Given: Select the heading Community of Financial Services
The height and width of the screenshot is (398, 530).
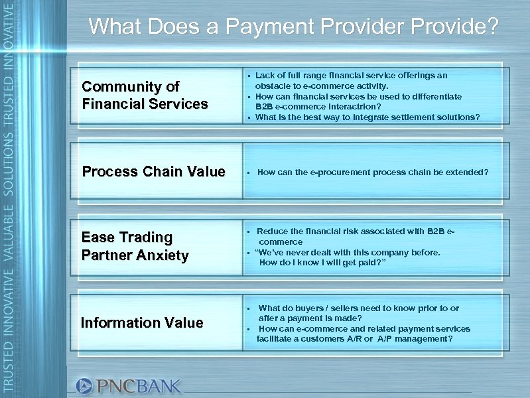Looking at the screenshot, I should click(144, 96).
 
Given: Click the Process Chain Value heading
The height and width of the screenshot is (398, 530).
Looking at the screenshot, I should click(153, 172).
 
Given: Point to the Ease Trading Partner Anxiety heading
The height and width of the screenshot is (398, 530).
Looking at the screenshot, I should click(135, 246).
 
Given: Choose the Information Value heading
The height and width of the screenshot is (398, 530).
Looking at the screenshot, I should click(141, 323).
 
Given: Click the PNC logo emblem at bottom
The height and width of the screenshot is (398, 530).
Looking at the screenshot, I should click(84, 385).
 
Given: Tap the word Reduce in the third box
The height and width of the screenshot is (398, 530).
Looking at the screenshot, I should click(271, 232).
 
